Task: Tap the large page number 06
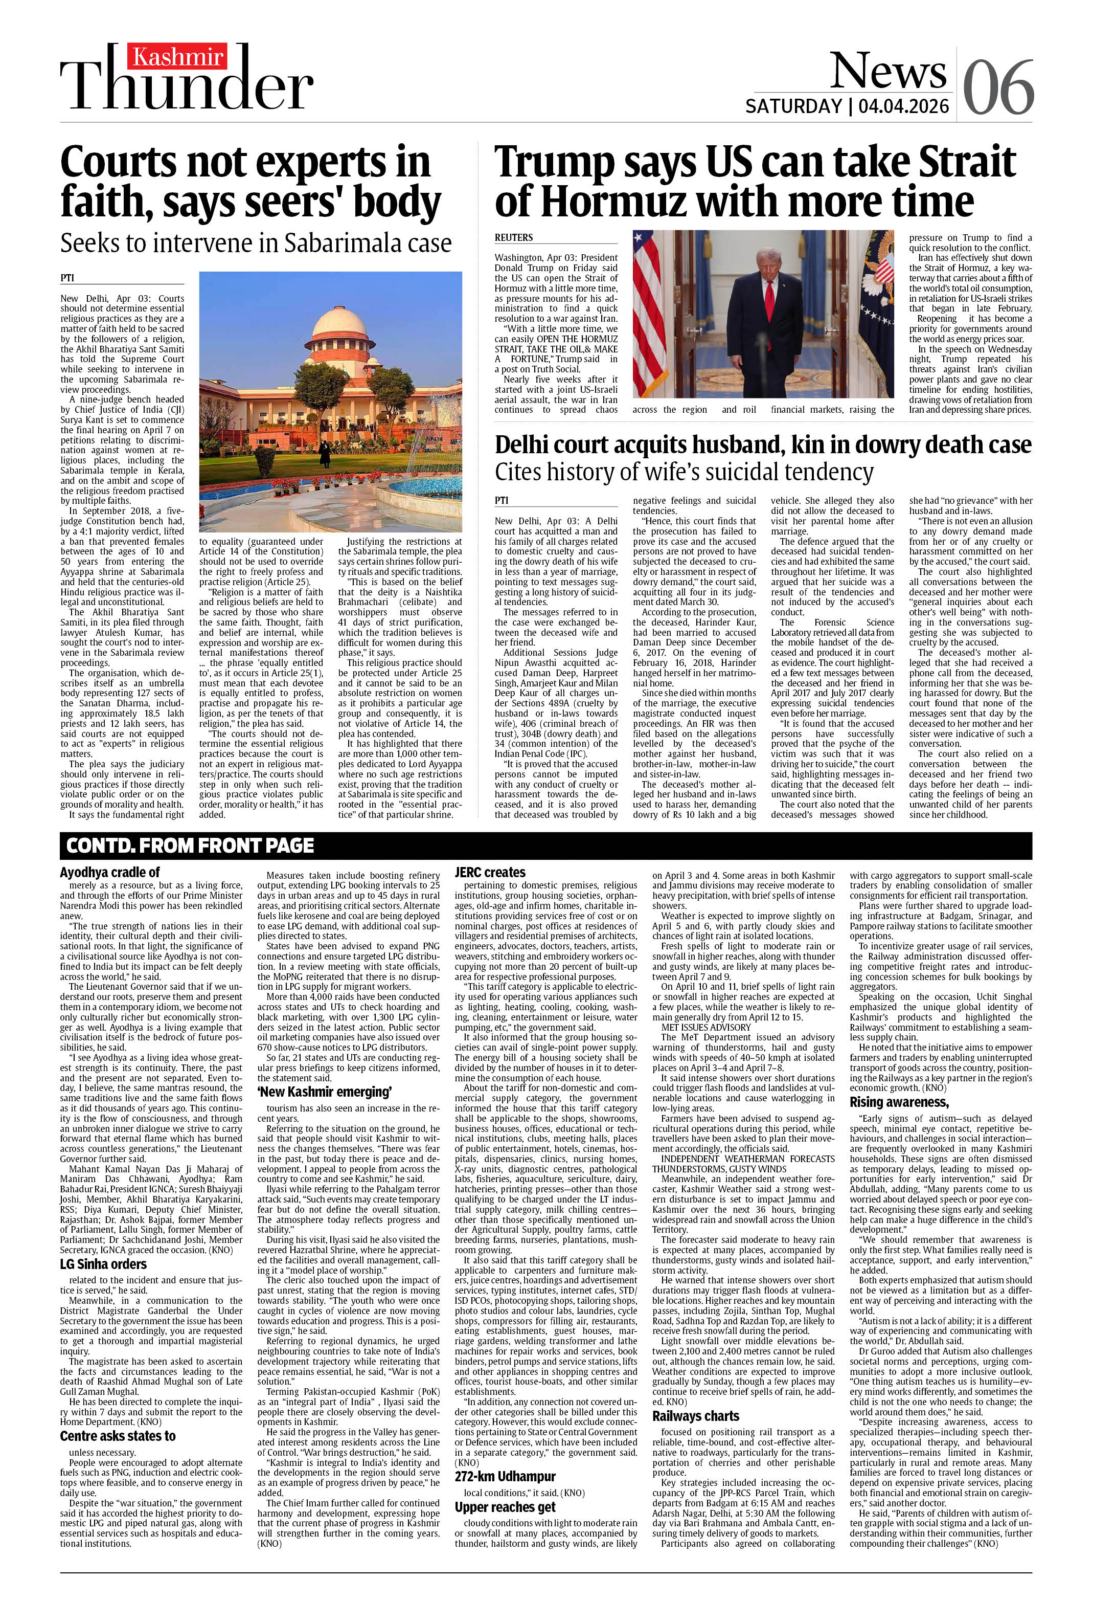click(x=998, y=87)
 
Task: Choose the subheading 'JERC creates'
click(x=490, y=872)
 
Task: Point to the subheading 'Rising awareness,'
click(x=899, y=1102)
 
